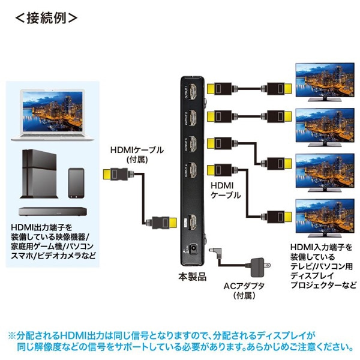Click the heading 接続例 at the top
click(x=46, y=17)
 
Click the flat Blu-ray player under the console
click(x=50, y=212)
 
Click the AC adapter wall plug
click(x=259, y=265)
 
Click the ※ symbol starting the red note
click(x=12, y=335)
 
